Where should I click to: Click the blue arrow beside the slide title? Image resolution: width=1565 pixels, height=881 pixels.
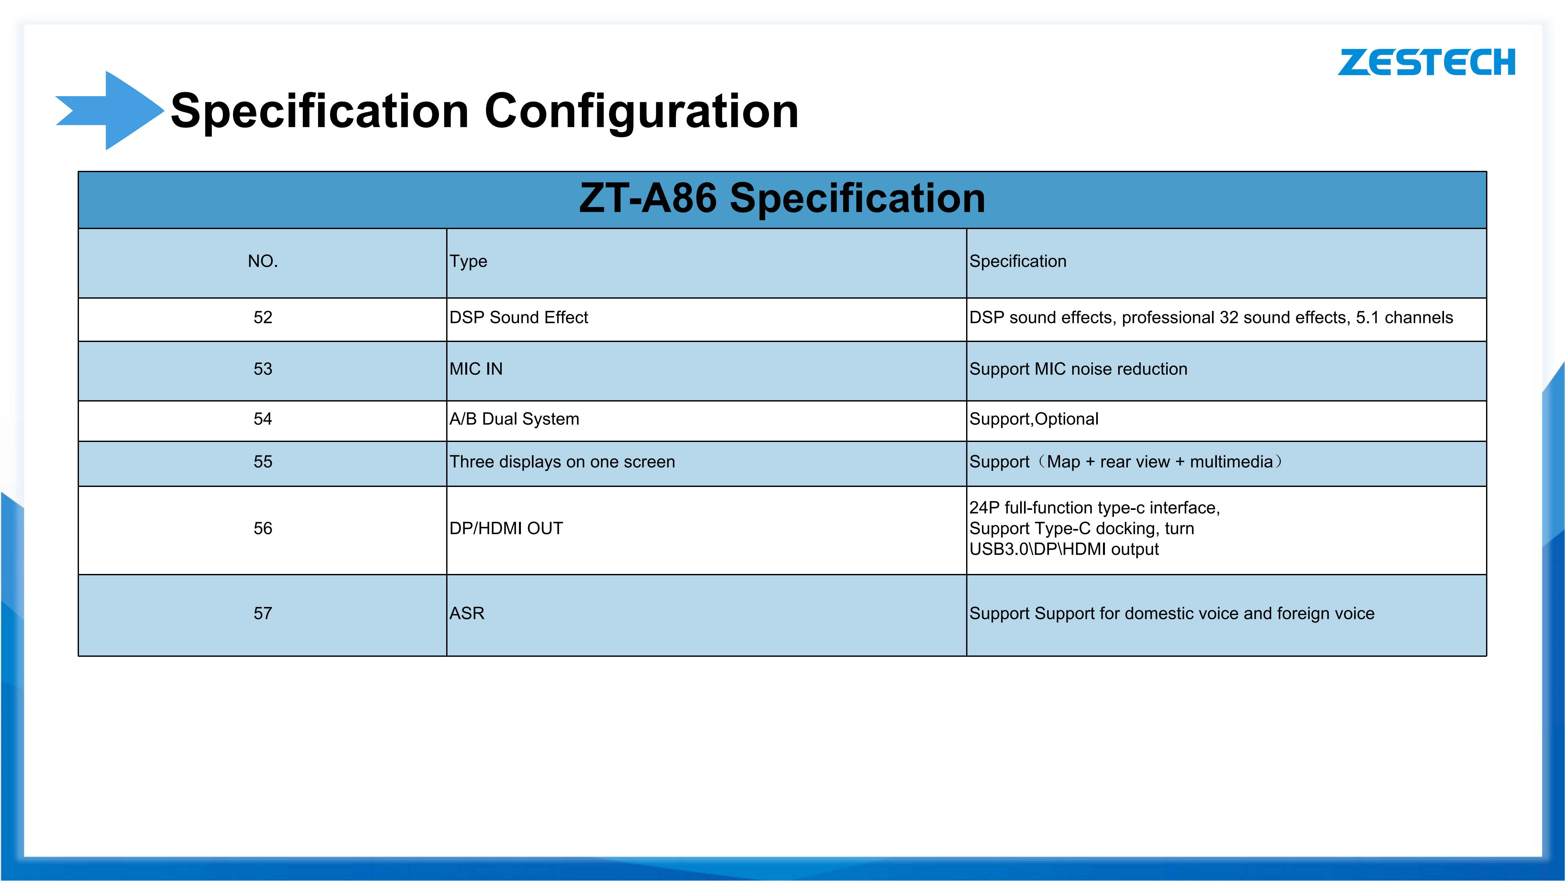109,111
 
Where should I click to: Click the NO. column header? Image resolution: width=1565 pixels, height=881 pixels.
262,261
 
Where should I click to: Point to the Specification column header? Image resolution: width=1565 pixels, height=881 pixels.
1018,262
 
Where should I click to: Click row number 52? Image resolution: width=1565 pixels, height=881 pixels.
262,317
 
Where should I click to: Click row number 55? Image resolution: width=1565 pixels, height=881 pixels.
262,462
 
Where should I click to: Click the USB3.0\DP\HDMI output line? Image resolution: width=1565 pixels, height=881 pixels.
1064,549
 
